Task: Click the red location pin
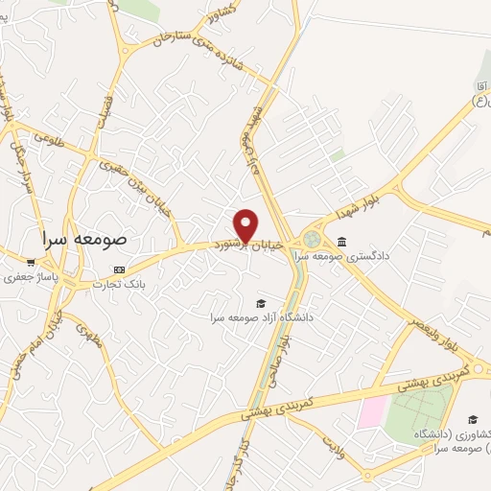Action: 245,223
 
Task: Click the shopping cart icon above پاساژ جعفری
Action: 32,261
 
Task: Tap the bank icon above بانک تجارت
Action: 119,269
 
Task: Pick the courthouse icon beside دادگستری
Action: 342,241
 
